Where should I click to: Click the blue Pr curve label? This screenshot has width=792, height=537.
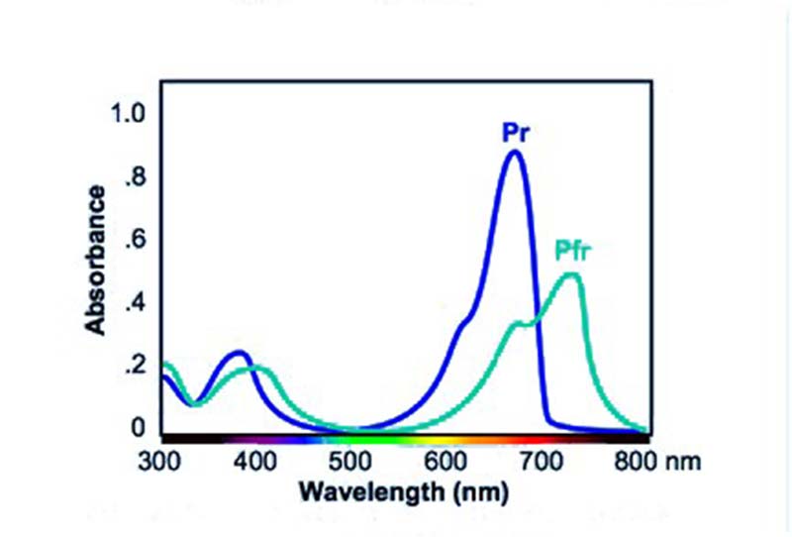click(x=516, y=133)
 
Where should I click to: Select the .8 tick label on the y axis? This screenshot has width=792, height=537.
click(x=136, y=179)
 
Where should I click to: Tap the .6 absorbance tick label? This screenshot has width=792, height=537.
click(x=136, y=241)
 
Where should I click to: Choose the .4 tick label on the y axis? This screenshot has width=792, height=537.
click(x=136, y=302)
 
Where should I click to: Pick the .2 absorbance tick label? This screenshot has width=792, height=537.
click(x=136, y=367)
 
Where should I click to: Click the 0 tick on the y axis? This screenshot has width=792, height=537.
click(x=139, y=428)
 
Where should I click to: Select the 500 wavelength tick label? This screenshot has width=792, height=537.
click(x=351, y=461)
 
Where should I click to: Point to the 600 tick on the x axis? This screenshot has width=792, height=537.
click(x=447, y=461)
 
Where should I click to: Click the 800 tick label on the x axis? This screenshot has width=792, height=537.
click(x=635, y=461)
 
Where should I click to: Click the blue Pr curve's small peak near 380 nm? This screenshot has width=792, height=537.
click(x=239, y=352)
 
